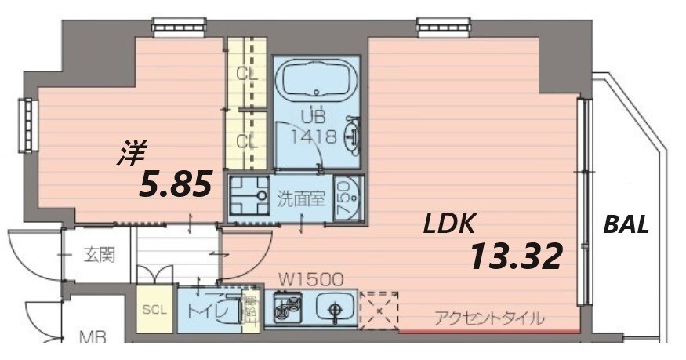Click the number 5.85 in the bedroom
coord(176,185)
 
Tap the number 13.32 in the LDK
coord(516,256)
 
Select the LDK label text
coord(449,225)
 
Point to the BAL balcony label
coord(626,225)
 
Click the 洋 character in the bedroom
coord(132,153)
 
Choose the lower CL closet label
coord(247,141)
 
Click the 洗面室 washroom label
coord(301,198)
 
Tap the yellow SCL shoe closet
coord(154,309)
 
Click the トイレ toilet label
coord(208,310)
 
